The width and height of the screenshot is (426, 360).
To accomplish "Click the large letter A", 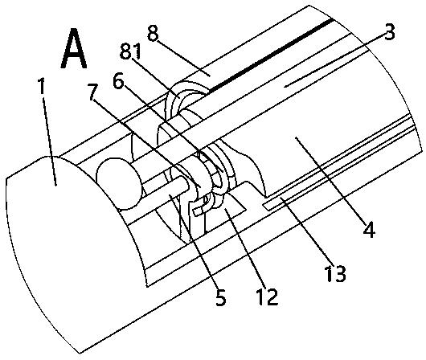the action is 74,48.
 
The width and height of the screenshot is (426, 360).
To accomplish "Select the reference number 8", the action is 153,33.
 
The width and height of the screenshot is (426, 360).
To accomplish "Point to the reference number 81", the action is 131,51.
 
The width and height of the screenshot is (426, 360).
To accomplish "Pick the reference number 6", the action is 118,81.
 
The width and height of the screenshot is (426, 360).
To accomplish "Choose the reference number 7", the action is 93,92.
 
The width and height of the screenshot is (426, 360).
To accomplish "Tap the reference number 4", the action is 370,230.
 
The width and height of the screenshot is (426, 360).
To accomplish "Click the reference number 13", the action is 334,273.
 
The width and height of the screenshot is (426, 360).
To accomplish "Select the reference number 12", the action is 268,297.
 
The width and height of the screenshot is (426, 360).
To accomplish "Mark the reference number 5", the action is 220,297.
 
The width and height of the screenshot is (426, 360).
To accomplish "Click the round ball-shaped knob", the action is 119,183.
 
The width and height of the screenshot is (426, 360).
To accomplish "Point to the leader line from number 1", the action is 50,141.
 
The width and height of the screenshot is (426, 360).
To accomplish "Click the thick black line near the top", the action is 271,55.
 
